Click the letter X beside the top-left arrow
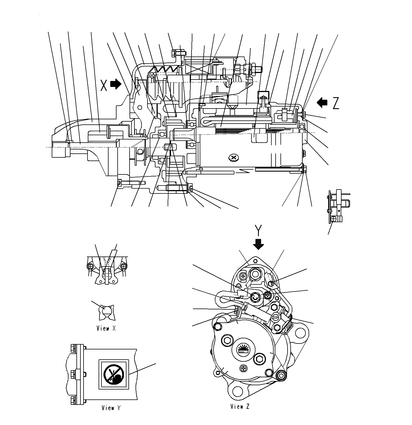(104, 85)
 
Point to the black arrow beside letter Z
(322, 103)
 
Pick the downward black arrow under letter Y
(258, 244)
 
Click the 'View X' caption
(106, 328)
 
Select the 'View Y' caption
(111, 408)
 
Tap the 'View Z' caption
(240, 407)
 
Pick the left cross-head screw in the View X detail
(91, 266)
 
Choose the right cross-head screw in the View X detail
(123, 266)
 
